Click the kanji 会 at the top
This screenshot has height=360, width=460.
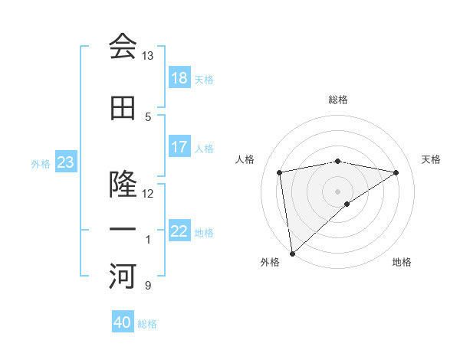tap(123, 47)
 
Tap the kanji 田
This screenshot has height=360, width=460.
tap(123, 108)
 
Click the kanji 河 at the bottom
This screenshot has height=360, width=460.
tap(123, 277)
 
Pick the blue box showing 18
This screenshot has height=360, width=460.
tap(179, 78)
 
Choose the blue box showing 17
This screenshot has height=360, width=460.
tap(179, 147)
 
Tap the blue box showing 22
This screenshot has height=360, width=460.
tap(179, 231)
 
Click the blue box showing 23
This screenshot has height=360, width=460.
tap(65, 162)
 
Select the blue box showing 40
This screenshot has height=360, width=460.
tap(123, 322)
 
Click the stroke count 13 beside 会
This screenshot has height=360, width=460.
tap(147, 56)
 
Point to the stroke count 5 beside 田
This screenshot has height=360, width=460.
tap(147, 116)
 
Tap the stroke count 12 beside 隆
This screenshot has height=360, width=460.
tap(147, 193)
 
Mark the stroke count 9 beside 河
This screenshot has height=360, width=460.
tap(147, 286)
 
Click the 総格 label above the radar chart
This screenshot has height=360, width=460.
tap(338, 100)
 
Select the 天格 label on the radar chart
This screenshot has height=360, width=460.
tap(431, 159)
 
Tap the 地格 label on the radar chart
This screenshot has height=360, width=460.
tap(402, 262)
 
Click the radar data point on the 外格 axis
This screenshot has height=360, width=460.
tap(292, 253)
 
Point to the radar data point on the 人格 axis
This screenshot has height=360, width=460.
tap(280, 172)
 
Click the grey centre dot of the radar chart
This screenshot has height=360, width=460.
tap(337, 190)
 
